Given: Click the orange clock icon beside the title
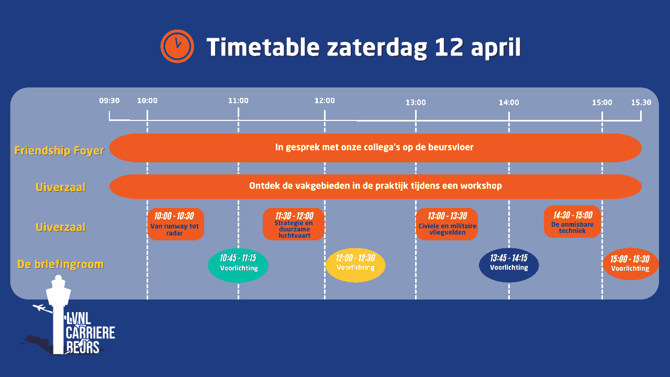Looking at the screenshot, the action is [177, 47].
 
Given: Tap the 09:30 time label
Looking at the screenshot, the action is [109, 101].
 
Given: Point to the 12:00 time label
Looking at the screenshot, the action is [325, 101].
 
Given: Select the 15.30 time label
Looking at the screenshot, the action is [641, 102].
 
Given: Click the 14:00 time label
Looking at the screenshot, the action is [509, 102].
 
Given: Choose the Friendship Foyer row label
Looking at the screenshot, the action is [59, 150].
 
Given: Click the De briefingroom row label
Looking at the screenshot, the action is [60, 264].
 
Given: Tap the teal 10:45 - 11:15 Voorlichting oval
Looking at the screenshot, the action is [238, 265].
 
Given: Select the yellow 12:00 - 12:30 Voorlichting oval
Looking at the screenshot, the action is [355, 265].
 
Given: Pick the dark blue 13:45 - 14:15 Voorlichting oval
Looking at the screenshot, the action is [509, 265].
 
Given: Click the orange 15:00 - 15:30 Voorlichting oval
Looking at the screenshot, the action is [630, 264].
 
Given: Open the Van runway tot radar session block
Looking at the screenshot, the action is [175, 224].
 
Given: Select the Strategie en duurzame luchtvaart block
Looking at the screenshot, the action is [294, 224].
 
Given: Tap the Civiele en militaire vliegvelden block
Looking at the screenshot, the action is [447, 224].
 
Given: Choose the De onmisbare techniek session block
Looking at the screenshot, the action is [572, 221].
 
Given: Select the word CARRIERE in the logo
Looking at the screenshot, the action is [91, 332].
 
